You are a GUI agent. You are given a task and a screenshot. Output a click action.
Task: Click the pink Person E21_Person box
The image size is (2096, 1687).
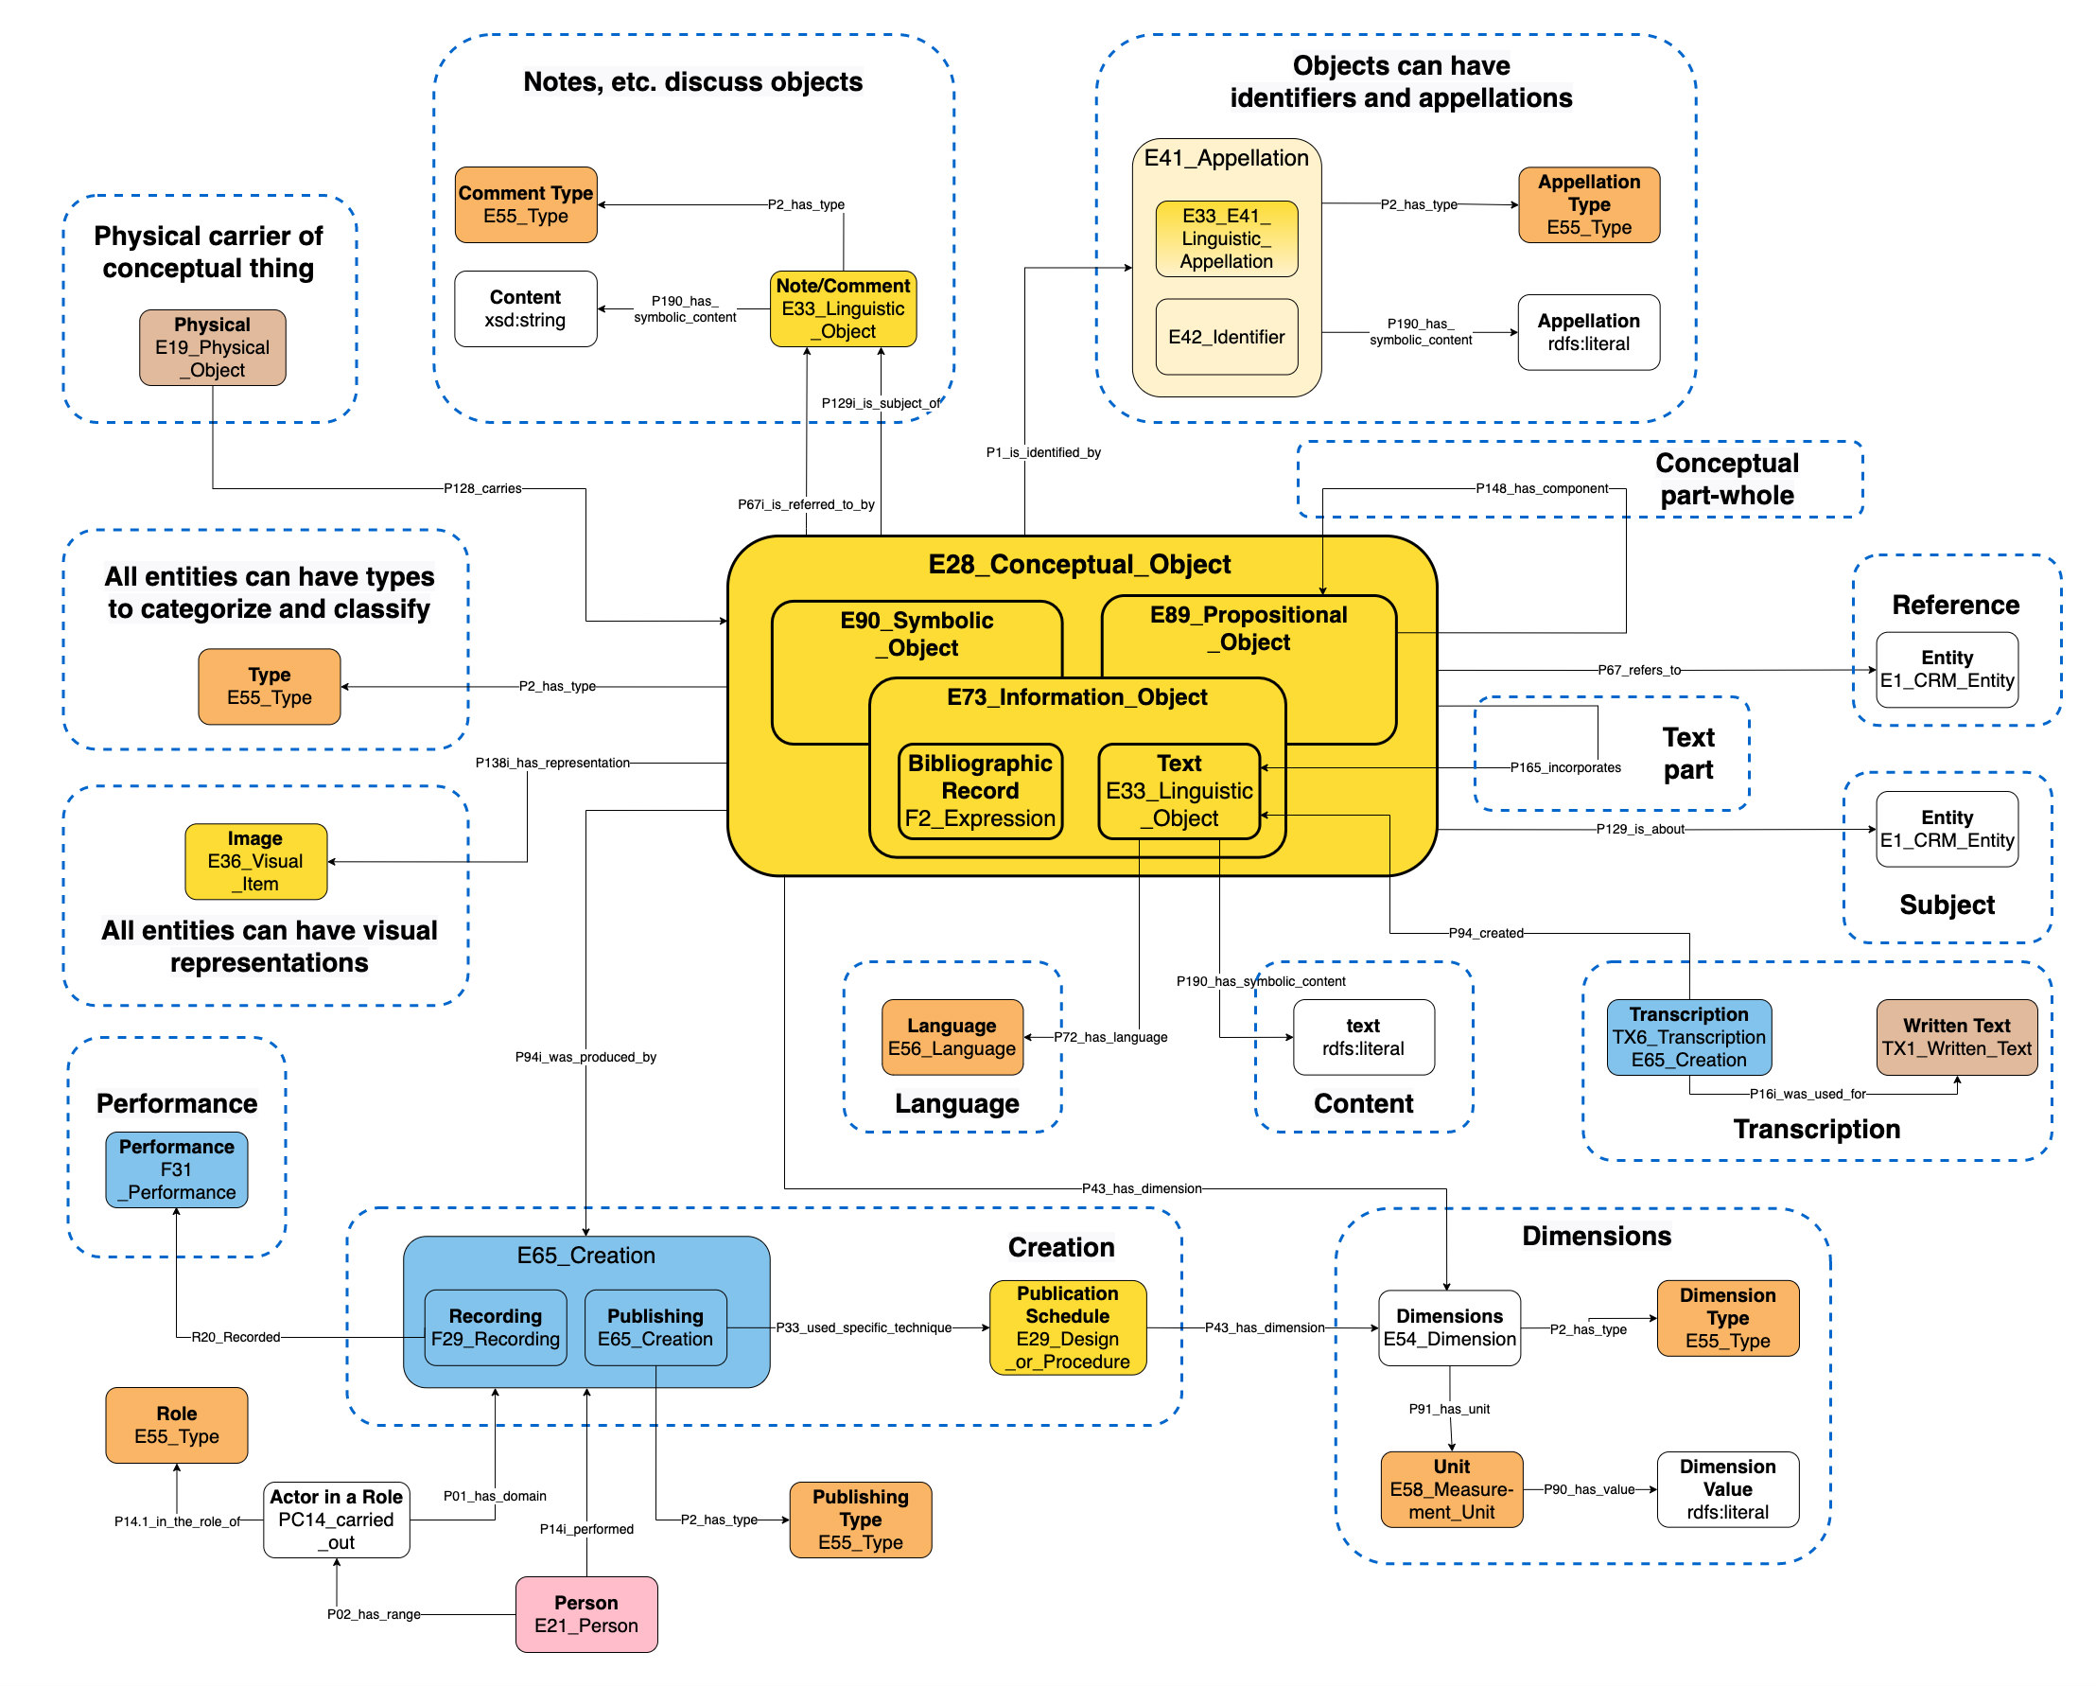pos(585,1613)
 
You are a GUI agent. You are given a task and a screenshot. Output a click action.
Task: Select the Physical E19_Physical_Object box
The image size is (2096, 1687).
pos(212,347)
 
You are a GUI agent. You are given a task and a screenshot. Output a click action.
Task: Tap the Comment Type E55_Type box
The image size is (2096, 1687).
pos(525,204)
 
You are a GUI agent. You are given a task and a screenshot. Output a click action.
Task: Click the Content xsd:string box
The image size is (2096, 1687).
pos(525,308)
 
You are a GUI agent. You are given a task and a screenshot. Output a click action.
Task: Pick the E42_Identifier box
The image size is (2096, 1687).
pos(1226,337)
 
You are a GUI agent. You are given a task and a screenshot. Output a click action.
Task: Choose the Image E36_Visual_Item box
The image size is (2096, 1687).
pos(255,860)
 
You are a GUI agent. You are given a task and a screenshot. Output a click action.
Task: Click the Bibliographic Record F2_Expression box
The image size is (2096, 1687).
pos(979,790)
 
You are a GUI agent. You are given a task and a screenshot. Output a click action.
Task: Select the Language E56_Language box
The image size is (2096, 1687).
pos(951,1036)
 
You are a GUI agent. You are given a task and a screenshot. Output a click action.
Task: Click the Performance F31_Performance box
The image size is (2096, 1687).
pos(176,1169)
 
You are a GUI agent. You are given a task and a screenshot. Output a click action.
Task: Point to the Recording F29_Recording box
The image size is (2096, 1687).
pos(495,1327)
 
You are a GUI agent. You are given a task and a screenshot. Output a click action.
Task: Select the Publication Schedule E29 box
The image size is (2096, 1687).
pos(1067,1327)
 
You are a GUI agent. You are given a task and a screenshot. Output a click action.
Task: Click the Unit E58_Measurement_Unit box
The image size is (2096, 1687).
pos(1451,1488)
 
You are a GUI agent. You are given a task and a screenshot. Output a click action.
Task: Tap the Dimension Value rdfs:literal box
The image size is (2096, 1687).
pos(1726,1488)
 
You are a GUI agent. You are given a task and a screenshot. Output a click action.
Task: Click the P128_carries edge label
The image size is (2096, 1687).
pos(482,488)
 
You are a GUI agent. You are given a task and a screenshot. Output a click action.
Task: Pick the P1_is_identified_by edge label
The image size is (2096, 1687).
pos(1042,452)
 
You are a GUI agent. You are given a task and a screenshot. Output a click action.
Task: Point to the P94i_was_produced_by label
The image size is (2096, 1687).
pos(585,1057)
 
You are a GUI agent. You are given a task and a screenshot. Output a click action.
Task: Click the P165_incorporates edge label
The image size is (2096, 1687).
pos(1564,767)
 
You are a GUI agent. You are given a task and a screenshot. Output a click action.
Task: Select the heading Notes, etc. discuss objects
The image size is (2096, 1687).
pos(692,81)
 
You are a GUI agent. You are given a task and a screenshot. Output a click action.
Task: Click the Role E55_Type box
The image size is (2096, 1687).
pos(176,1425)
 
